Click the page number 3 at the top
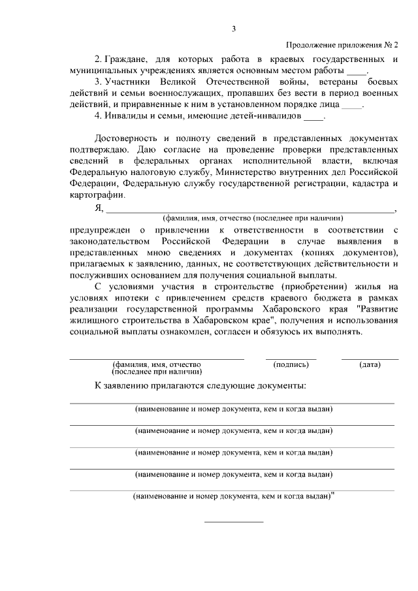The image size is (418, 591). (234, 28)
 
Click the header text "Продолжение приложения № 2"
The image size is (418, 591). (342, 45)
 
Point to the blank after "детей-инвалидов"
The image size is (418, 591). (314, 118)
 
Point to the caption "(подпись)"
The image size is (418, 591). (291, 364)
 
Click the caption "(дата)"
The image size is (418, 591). (370, 364)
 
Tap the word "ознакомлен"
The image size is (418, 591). (173, 331)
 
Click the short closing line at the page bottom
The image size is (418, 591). (234, 521)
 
